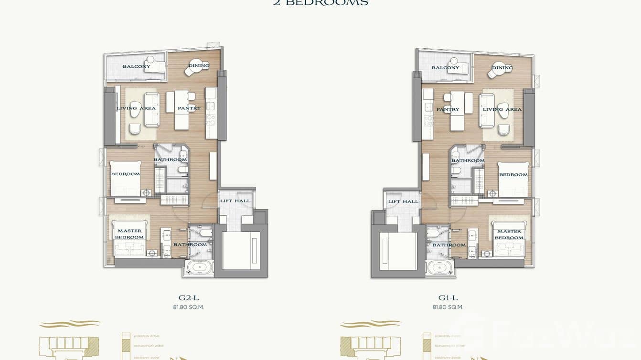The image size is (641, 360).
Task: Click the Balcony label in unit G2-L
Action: tap(136, 66)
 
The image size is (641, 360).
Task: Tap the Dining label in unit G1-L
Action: tap(502, 68)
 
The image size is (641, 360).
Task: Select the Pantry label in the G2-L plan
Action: tap(189, 108)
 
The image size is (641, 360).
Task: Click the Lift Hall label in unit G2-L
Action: tap(235, 201)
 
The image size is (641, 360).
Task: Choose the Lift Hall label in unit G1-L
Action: tap(403, 201)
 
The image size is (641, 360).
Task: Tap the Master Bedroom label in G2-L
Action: tap(129, 234)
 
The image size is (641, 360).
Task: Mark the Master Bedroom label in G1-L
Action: tap(509, 234)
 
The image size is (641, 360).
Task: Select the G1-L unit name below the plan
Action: tap(448, 298)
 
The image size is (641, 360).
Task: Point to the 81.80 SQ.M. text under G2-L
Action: tap(188, 307)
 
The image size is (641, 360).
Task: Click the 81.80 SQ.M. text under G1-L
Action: tap(448, 307)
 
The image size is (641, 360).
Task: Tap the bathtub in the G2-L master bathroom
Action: tap(198, 268)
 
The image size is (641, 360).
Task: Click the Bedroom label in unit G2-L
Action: tap(126, 174)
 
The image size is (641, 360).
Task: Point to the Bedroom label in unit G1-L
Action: tap(513, 175)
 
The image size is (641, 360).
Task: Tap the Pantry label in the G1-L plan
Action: tap(448, 109)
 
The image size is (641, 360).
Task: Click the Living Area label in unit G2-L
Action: tap(136, 108)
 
